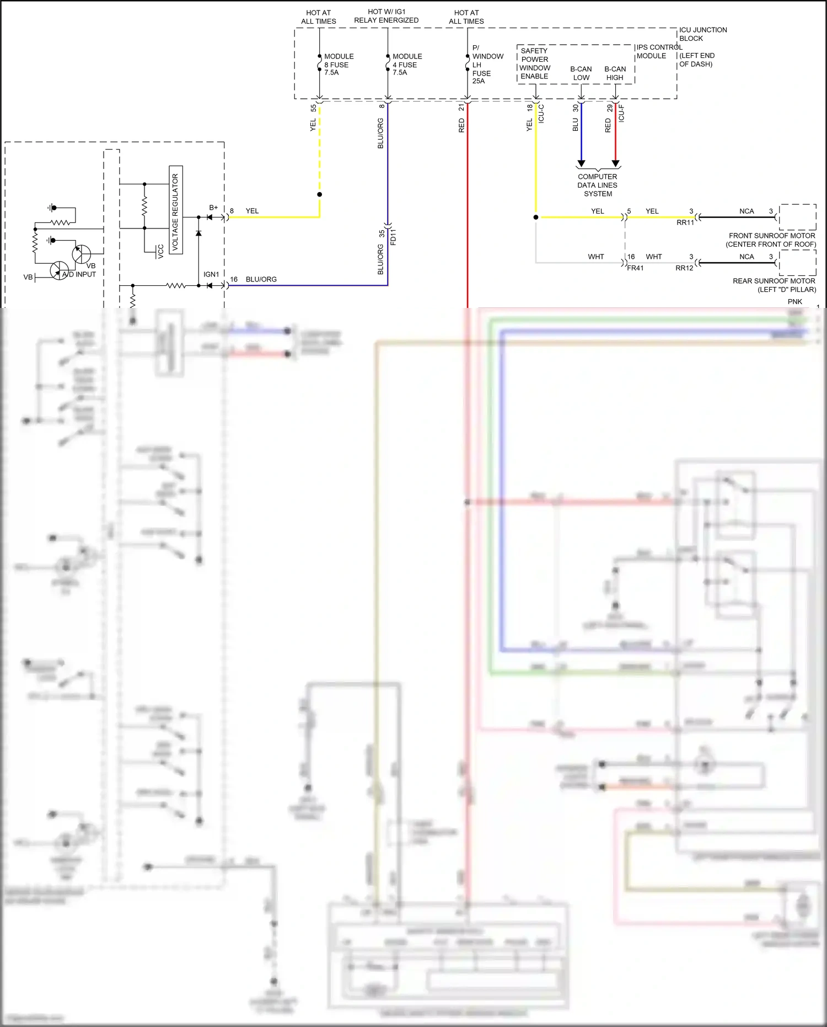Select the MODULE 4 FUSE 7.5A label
[x=406, y=65]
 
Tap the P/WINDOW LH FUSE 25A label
[x=487, y=65]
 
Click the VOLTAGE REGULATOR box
[x=176, y=210]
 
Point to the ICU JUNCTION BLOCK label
[x=702, y=34]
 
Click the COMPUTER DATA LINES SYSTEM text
[x=598, y=185]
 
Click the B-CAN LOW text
[x=581, y=73]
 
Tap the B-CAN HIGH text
[x=615, y=73]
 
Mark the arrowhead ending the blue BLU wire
[x=581, y=164]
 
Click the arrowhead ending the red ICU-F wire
[x=616, y=164]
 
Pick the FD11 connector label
[x=393, y=237]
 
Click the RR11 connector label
[x=685, y=223]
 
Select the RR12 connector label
[x=684, y=268]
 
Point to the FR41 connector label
[x=635, y=268]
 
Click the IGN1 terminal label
[x=211, y=274]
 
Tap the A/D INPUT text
[x=79, y=274]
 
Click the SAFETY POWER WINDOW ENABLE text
[x=534, y=63]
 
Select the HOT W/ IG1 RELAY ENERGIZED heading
[x=386, y=16]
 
